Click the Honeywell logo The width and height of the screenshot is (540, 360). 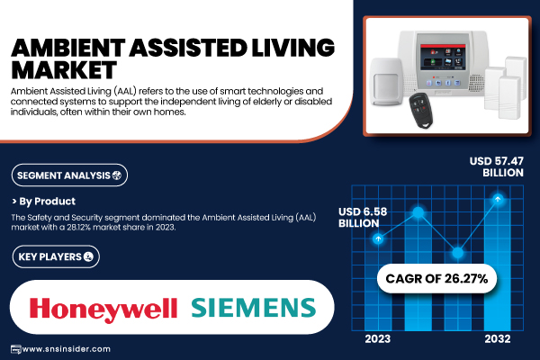point(103,309)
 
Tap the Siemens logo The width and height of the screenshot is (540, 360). point(254,308)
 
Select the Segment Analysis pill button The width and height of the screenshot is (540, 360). point(69,175)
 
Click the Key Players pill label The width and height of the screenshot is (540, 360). point(56,256)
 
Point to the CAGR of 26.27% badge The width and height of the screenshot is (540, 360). point(436,278)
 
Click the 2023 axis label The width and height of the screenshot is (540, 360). point(378,339)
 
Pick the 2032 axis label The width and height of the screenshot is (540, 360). point(498,339)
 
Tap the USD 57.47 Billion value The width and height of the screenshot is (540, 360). point(496,166)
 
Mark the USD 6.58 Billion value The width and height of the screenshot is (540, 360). point(363,218)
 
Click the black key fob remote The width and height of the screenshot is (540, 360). point(420,110)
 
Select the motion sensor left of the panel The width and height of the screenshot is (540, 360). point(386,82)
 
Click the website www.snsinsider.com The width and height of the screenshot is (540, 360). point(66,349)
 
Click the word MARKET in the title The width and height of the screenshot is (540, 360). point(64,70)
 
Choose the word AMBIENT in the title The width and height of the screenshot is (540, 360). point(67,47)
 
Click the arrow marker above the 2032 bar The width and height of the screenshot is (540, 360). point(498,199)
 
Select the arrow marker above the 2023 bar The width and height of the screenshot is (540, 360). point(378,238)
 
